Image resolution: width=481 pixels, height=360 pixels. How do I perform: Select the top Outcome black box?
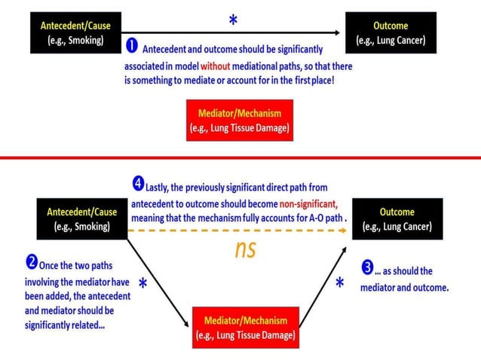[391, 32]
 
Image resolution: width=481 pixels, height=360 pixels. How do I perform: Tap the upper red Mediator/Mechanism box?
[239, 120]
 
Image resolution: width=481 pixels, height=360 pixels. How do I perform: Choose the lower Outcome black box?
[397, 218]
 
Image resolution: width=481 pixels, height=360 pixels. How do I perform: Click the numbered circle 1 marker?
[131, 47]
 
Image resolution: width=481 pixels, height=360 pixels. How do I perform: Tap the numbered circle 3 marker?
[366, 268]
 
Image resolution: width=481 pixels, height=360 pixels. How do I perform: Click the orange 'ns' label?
[245, 249]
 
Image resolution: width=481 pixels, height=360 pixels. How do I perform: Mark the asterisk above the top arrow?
[233, 22]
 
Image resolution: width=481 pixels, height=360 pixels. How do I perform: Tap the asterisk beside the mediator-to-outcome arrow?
[340, 284]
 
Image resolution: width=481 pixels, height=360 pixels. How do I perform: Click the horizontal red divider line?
[240, 157]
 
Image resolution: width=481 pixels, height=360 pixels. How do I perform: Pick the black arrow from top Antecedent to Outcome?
[226, 32]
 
